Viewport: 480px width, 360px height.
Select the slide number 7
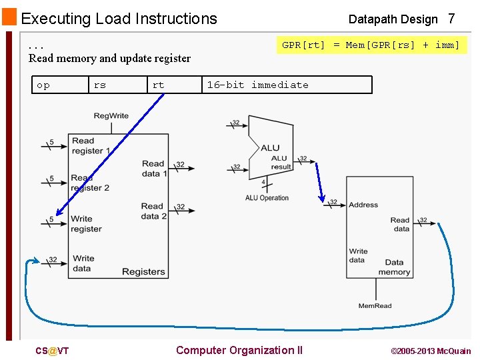(451, 19)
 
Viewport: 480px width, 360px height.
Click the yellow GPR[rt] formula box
(371, 45)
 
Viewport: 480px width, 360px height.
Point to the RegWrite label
(111, 116)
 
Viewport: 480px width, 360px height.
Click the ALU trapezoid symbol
(269, 148)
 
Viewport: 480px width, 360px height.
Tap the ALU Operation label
(267, 198)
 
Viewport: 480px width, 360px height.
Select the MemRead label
(375, 306)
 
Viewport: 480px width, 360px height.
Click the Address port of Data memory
(363, 205)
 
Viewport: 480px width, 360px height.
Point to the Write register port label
(86, 223)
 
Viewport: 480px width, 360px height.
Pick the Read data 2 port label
(153, 211)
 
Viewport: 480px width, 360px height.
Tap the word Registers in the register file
(143, 271)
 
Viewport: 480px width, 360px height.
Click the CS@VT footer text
(52, 351)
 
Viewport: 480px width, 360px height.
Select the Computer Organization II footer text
(239, 351)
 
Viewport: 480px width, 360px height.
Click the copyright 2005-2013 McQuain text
(430, 351)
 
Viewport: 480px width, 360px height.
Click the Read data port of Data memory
(400, 224)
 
